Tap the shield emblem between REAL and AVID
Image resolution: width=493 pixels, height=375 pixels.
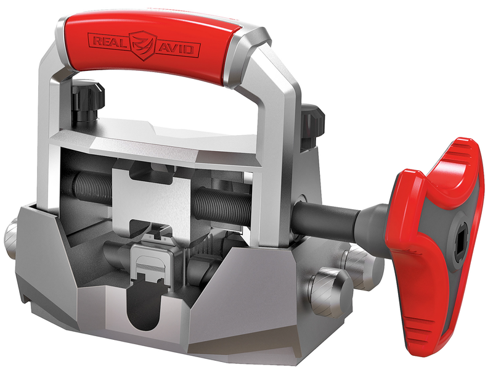[x=143, y=45]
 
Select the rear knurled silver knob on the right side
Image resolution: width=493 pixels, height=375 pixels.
[x=363, y=263]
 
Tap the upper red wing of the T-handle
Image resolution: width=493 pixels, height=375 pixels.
[x=453, y=167]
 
